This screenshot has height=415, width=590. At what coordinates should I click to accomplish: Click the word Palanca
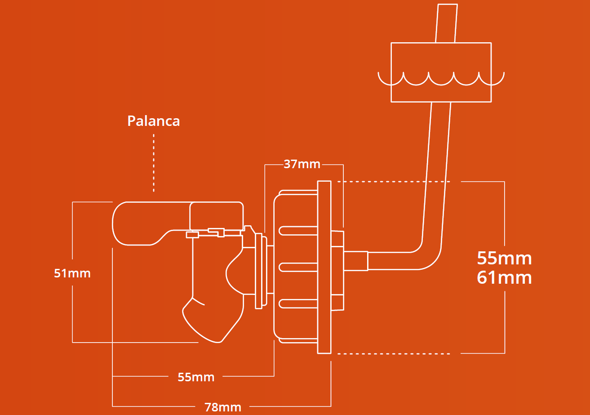coord(153,121)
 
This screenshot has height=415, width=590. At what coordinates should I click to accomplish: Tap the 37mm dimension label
coord(302,164)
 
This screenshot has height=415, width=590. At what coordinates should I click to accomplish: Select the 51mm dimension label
coord(72,273)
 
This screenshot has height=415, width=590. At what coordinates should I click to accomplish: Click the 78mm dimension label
coord(223,407)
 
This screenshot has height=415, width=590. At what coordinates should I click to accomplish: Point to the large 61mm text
coord(504,277)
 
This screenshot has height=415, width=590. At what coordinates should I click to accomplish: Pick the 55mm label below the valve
coord(196,377)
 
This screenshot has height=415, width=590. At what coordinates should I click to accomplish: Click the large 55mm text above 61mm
coord(504,259)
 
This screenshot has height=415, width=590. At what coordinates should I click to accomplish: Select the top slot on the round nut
coord(298,231)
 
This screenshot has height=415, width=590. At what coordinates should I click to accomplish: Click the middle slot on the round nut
coord(298,267)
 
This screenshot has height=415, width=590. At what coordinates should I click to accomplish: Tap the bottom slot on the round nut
coord(298,303)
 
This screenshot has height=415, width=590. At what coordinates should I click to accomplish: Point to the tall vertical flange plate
coord(324,267)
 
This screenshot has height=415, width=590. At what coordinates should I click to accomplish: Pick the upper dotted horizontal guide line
coord(394,182)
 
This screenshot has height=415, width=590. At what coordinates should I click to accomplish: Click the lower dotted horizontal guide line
coord(394,354)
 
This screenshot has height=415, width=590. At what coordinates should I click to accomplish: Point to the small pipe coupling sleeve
coord(356,261)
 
